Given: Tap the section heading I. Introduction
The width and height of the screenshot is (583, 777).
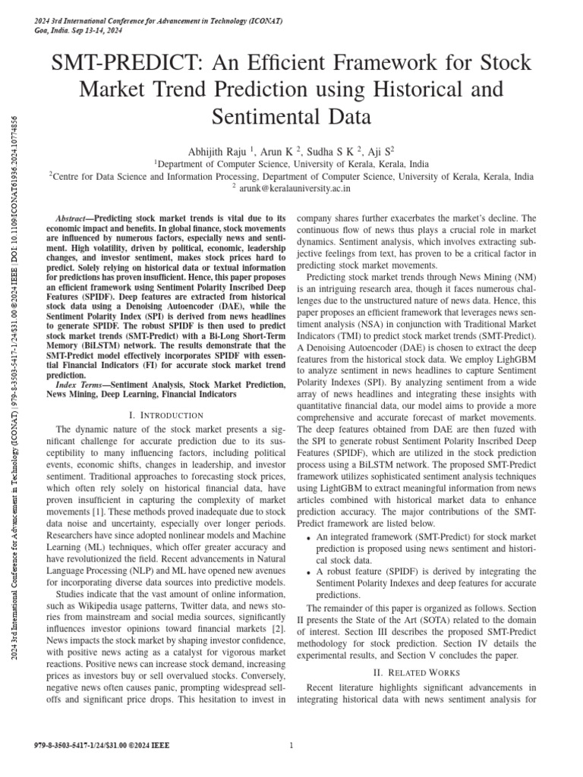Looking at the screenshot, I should pos(166,415).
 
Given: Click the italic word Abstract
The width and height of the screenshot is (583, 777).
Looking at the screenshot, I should pos(77,217).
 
